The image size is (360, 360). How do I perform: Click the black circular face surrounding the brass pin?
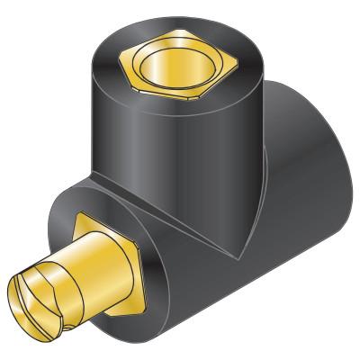coord(153,270)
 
